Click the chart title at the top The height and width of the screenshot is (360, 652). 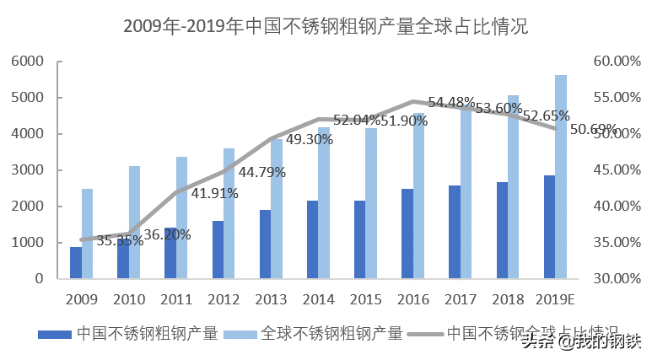tap(326, 26)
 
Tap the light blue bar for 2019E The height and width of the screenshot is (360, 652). tap(561, 177)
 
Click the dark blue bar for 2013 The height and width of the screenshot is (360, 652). tap(265, 244)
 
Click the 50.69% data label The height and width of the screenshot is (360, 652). tap(594, 130)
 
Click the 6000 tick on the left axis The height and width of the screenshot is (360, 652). tap(28, 62)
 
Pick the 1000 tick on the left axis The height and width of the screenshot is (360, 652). tap(28, 243)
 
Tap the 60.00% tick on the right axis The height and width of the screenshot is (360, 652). tap(612, 62)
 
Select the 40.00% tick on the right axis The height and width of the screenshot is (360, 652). tap(612, 207)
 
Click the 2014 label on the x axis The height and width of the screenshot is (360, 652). tap(318, 299)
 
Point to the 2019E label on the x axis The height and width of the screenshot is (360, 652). tap(555, 299)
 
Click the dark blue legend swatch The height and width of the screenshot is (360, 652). tap(55, 333)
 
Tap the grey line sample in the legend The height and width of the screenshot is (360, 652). tap(424, 333)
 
